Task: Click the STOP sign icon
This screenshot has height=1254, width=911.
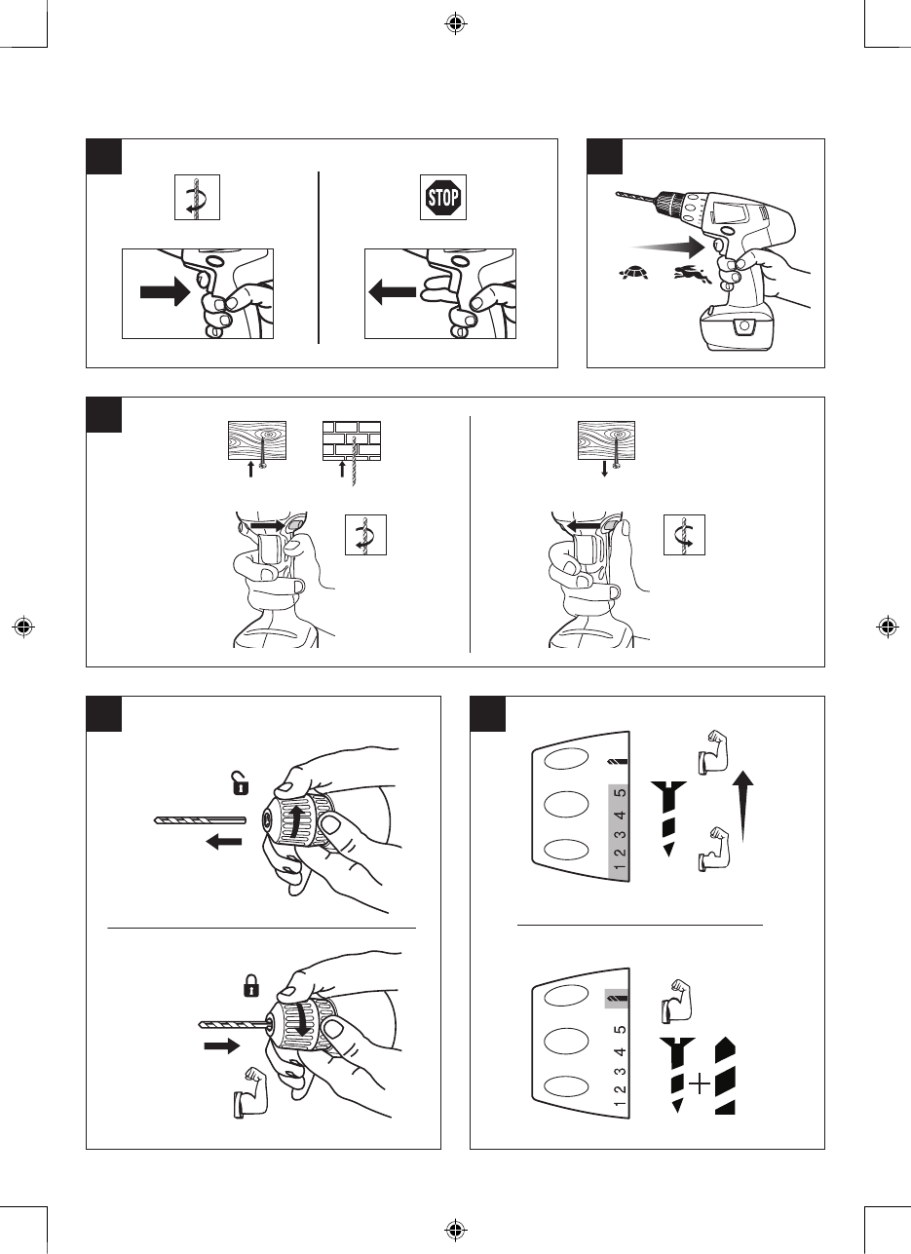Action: coord(442,199)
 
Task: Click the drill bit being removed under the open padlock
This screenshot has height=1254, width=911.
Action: coord(200,820)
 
